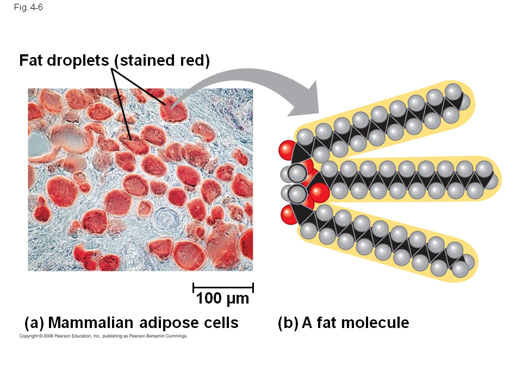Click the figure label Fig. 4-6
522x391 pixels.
pos(28,7)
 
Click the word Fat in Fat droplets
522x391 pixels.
pos(31,60)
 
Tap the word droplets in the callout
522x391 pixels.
pos(78,60)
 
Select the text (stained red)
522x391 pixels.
pos(162,61)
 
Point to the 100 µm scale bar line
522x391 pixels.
pos(223,287)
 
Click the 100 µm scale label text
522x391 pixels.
pos(222,298)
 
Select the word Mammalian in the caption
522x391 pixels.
pos(91,323)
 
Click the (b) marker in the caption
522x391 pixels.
pos(288,323)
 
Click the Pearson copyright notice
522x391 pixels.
pos(103,336)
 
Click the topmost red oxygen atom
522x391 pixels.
pos(287,150)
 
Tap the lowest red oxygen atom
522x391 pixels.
pos(289,215)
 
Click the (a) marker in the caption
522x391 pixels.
pos(34,323)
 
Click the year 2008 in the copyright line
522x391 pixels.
pos(48,336)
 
